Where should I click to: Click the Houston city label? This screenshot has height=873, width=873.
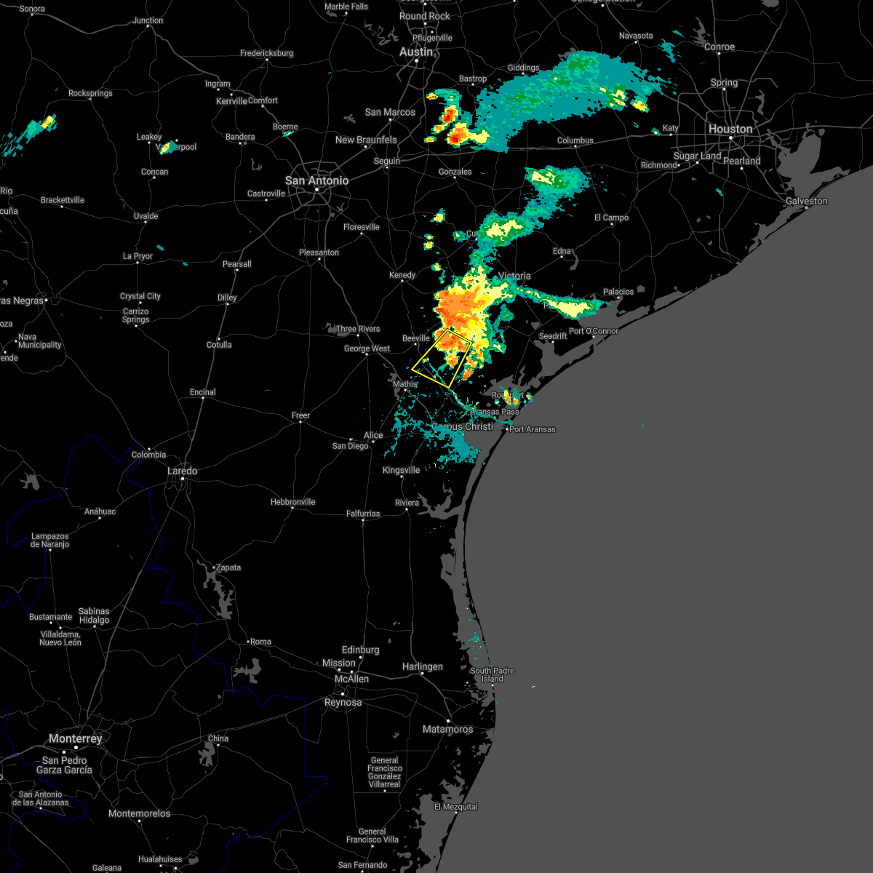(x=730, y=129)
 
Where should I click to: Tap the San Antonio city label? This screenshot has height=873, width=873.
(x=316, y=180)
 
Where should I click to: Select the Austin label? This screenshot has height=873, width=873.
(x=416, y=52)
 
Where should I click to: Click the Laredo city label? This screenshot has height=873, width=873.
(x=182, y=471)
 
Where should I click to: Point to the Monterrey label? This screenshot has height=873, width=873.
(x=76, y=738)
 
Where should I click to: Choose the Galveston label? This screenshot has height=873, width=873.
(x=807, y=201)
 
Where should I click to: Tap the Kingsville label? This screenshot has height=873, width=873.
(x=401, y=470)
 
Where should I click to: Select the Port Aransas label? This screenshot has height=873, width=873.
(x=533, y=429)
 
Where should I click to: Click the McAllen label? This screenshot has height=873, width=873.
(x=351, y=679)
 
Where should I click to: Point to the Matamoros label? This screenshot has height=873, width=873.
(x=447, y=729)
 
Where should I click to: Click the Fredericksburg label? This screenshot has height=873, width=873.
(x=266, y=53)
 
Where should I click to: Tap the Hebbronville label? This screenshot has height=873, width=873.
(x=292, y=502)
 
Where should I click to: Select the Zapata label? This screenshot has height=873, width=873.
(x=228, y=567)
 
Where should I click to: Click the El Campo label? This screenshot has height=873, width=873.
(x=611, y=218)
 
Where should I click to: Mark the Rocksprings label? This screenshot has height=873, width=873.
(x=90, y=93)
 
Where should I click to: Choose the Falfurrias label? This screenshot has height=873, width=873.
(x=362, y=514)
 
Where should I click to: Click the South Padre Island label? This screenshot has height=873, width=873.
(x=492, y=674)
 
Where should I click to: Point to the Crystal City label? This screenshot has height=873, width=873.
(x=140, y=296)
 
